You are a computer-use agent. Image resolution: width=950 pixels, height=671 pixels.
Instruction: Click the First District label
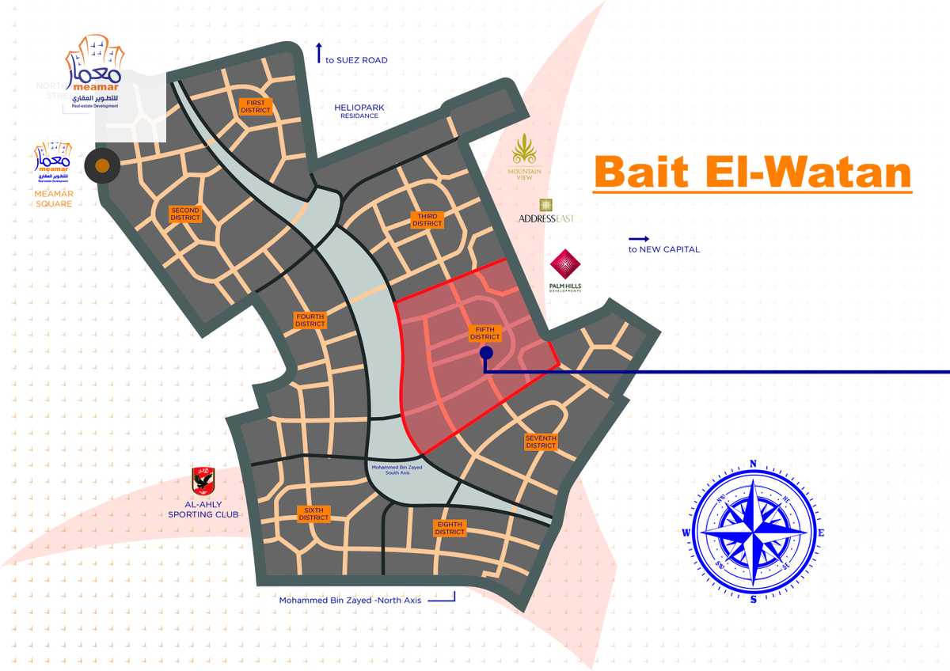click(x=256, y=106)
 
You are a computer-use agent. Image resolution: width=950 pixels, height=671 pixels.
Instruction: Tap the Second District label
click(x=185, y=214)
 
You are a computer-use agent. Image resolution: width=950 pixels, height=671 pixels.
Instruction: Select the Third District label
click(x=427, y=220)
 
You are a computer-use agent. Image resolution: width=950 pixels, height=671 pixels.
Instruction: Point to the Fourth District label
click(x=310, y=320)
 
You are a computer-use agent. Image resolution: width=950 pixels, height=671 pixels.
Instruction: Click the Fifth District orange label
click(x=485, y=333)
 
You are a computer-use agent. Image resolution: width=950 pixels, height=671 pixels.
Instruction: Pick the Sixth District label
click(x=313, y=514)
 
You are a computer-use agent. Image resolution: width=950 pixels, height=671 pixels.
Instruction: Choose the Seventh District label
click(x=541, y=442)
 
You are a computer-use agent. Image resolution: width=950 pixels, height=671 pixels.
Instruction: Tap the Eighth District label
click(x=450, y=528)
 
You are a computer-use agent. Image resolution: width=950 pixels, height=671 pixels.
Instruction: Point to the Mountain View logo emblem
click(x=525, y=150)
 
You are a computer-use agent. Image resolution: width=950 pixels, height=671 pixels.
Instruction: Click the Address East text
click(x=546, y=218)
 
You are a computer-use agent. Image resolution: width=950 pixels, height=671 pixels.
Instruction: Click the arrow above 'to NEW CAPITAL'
click(x=639, y=238)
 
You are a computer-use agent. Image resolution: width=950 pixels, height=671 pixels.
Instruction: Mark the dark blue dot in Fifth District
click(x=486, y=353)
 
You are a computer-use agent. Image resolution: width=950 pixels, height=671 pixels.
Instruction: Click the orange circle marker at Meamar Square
click(x=102, y=165)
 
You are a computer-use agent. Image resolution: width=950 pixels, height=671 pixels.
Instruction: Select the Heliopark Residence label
click(x=359, y=111)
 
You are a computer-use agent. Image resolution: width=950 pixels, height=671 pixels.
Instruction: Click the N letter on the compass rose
click(x=753, y=464)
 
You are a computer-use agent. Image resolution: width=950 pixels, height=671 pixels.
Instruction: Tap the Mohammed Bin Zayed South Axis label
click(x=397, y=470)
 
